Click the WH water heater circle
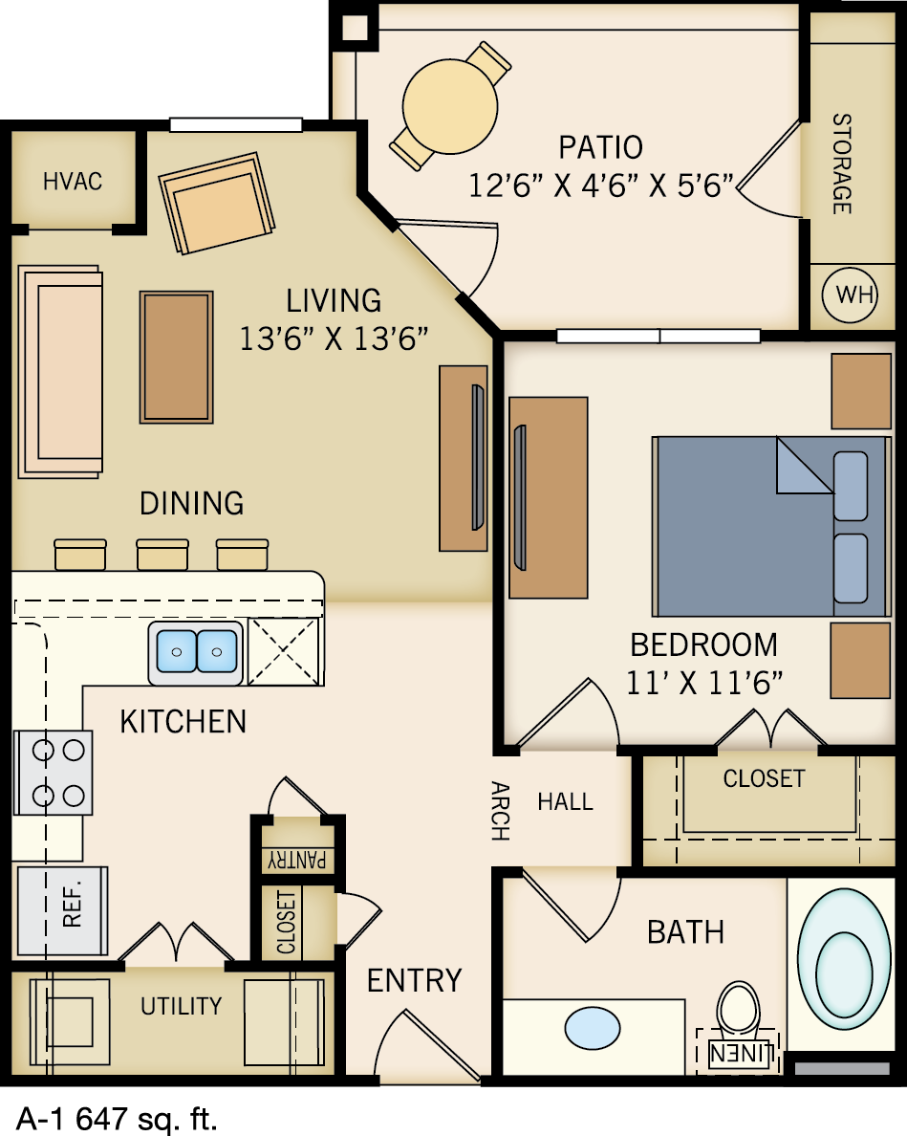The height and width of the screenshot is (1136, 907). [x=854, y=294]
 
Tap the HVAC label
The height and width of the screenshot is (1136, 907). [x=73, y=181]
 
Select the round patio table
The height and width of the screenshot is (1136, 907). [x=451, y=102]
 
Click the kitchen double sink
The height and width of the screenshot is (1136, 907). [x=196, y=653]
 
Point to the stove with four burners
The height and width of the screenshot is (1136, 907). [x=54, y=772]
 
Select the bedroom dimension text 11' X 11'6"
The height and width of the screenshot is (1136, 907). [x=704, y=683]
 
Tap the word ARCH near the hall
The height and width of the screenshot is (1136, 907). [x=499, y=811]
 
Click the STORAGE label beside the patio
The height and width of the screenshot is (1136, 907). [x=841, y=164]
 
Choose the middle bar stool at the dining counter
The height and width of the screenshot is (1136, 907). [x=162, y=555]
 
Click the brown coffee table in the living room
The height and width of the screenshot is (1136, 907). [x=176, y=357]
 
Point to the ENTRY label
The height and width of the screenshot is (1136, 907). [x=414, y=980]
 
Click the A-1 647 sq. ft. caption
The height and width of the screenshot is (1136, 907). [x=117, y=1116]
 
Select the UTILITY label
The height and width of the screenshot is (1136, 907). [x=181, y=1006]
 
